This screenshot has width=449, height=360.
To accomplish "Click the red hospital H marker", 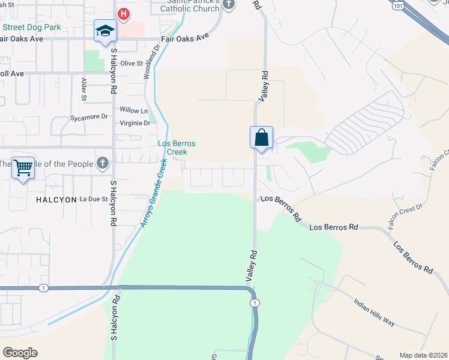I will click(x=124, y=13).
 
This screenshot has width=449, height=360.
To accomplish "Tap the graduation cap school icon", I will click(x=104, y=31).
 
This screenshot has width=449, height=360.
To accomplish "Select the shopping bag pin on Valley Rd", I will click(x=261, y=137).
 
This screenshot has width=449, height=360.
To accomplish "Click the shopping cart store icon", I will click(x=23, y=167).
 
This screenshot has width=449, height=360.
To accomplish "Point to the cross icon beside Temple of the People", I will click(x=103, y=163).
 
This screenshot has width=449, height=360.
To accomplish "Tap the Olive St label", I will click(x=131, y=63).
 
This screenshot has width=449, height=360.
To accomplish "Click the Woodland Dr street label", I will click(x=151, y=61).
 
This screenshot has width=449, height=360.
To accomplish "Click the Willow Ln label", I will click(x=133, y=110).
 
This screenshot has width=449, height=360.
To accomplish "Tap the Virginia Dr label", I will click(x=134, y=123).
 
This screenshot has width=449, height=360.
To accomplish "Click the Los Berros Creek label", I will click(x=176, y=148).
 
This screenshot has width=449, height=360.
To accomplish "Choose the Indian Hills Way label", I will click(x=374, y=312).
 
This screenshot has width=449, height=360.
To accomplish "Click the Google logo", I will click(x=20, y=353).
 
